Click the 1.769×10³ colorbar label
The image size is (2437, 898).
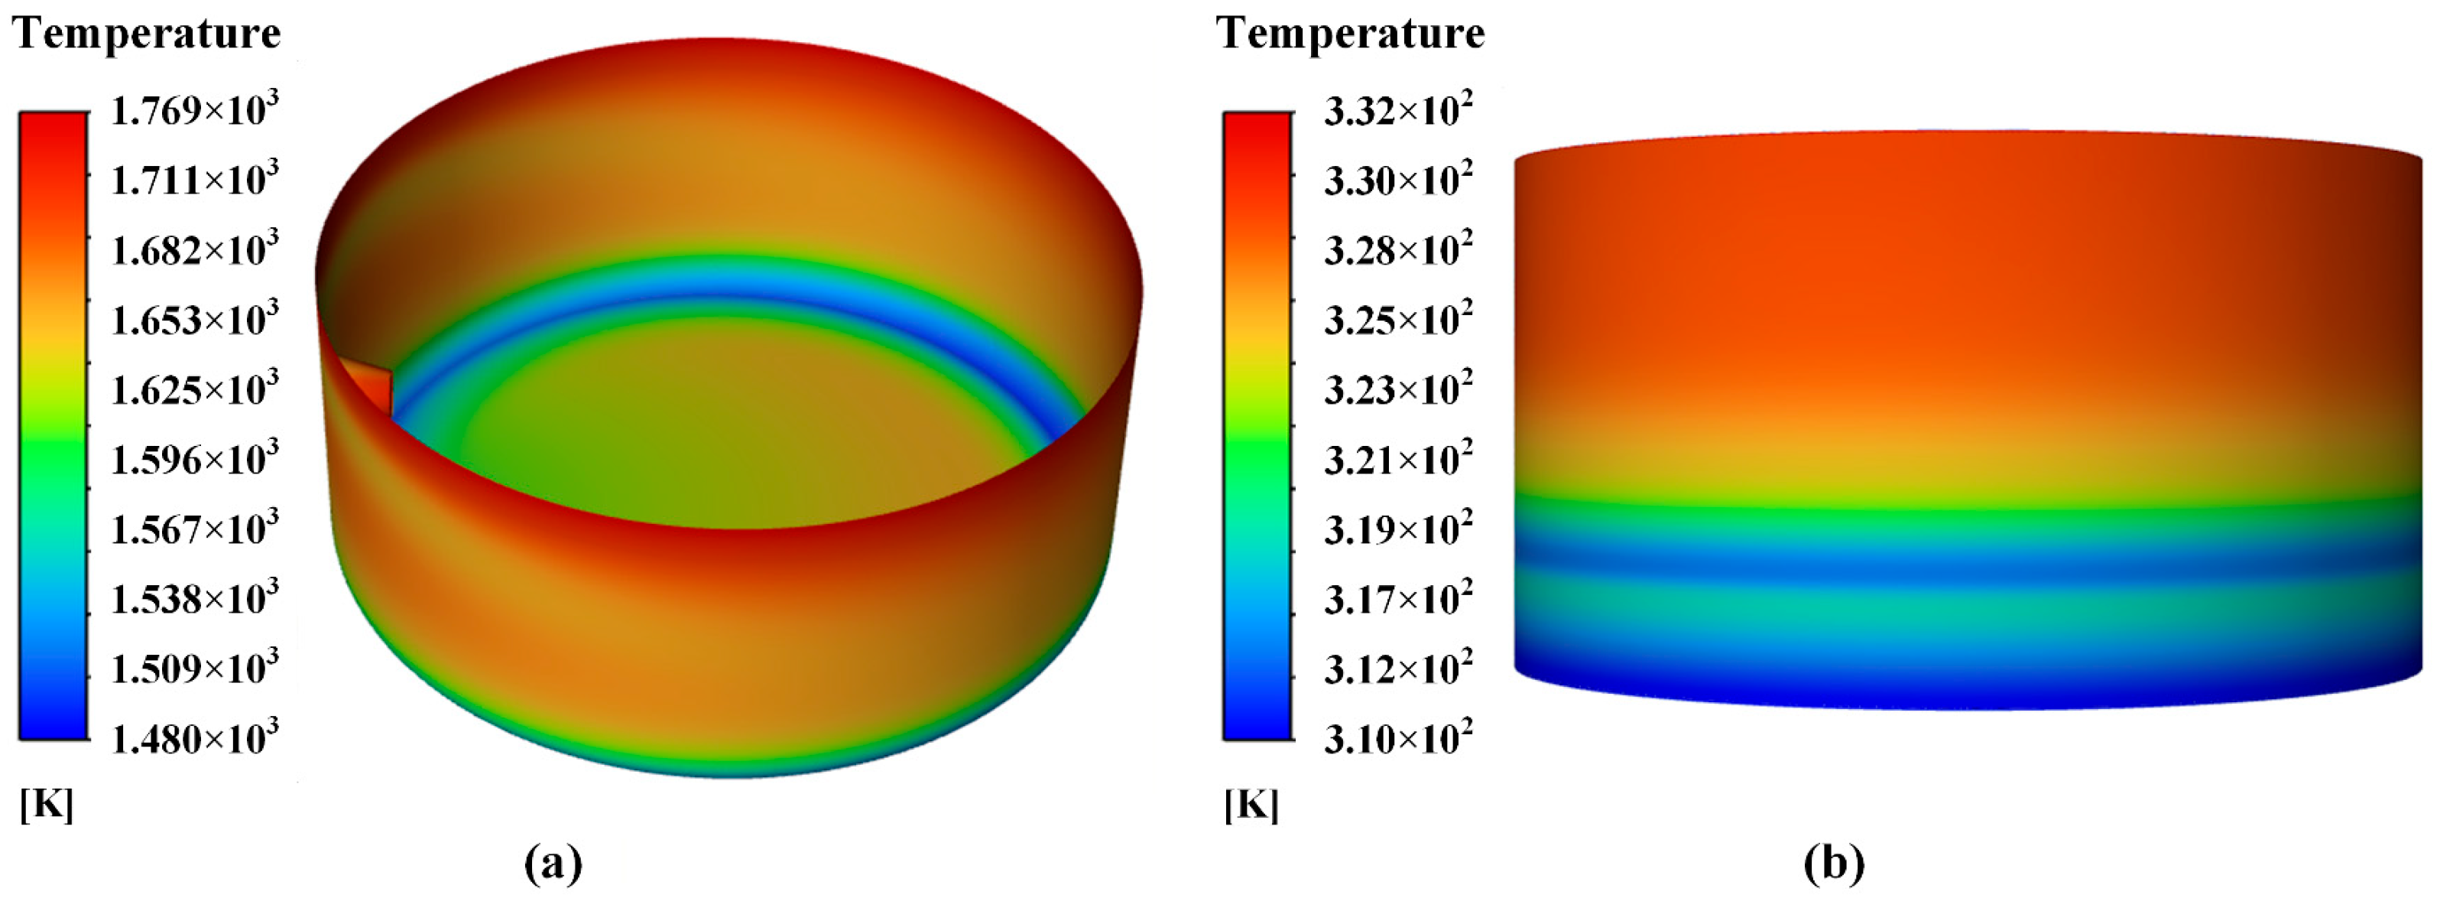tap(195, 112)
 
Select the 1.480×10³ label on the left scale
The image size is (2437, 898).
tap(195, 738)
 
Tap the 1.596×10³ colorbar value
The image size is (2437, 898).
tap(195, 460)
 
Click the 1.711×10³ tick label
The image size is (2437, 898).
tap(195, 180)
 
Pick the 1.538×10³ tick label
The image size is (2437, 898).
tap(195, 599)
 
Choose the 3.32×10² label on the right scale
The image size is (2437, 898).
tap(1397, 112)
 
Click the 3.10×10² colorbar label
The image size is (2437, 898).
tap(1397, 738)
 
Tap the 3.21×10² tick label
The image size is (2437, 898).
tap(1397, 460)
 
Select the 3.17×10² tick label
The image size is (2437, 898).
tap(1397, 599)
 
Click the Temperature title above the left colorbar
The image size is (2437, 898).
tap(147, 34)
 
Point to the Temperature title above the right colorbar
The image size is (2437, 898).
tap(1350, 34)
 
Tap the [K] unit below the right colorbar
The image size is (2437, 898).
tap(1251, 805)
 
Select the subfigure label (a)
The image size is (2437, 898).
tap(553, 863)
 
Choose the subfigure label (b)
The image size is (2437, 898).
tap(1833, 863)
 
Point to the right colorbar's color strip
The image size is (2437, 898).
tap(1257, 426)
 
